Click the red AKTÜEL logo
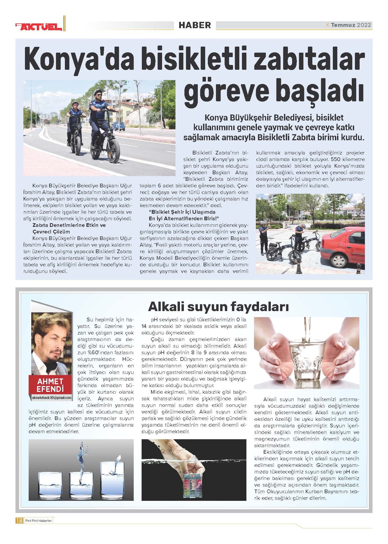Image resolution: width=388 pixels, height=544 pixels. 39,26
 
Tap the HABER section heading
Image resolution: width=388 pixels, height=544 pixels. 195,25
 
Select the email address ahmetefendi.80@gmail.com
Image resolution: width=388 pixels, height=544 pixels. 51,398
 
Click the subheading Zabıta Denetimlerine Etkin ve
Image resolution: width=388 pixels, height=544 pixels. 69,225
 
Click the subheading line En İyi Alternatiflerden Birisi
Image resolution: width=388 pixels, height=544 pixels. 184,218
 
